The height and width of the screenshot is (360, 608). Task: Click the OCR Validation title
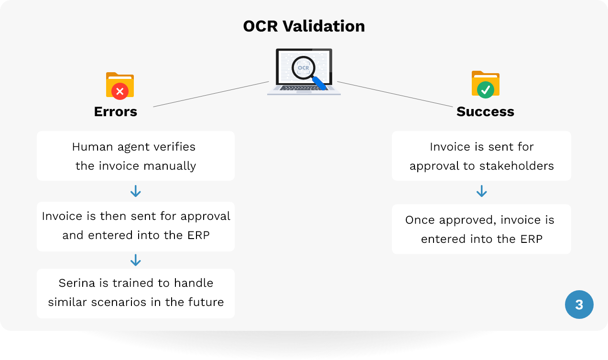click(x=304, y=26)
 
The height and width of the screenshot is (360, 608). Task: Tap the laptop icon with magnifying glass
click(x=304, y=72)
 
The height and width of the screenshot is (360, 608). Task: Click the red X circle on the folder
click(x=119, y=91)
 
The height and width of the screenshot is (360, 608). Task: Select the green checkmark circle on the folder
click(x=485, y=90)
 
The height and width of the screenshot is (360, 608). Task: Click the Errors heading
click(x=116, y=111)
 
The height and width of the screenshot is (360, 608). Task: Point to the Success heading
click(x=485, y=111)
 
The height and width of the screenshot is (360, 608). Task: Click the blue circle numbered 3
click(x=579, y=305)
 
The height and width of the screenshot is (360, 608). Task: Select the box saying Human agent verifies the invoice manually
click(x=136, y=156)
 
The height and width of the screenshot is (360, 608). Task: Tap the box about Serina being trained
click(x=136, y=293)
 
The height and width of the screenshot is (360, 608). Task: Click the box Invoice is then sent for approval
click(x=136, y=227)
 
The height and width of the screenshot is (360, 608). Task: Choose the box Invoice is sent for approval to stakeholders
click(x=481, y=156)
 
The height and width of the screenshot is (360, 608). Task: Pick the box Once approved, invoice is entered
click(x=481, y=229)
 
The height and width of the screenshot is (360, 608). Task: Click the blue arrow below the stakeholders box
click(x=481, y=191)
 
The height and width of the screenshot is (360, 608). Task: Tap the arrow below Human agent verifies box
click(x=136, y=191)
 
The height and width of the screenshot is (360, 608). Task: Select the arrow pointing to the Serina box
click(x=136, y=260)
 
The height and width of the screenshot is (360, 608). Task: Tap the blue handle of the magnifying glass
click(x=319, y=83)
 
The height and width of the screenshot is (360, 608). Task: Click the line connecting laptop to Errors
click(x=211, y=94)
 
